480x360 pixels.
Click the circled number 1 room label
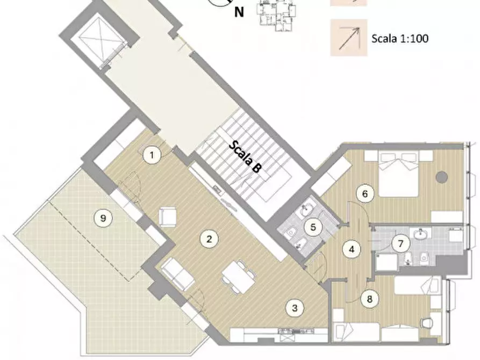(153, 156)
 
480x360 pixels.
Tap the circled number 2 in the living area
(209, 239)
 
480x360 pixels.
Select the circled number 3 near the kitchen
(294, 308)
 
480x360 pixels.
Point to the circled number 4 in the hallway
(352, 249)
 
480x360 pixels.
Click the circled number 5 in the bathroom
(313, 227)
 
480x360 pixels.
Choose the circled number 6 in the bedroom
(365, 194)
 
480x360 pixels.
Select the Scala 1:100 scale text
(400, 39)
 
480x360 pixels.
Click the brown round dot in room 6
(442, 176)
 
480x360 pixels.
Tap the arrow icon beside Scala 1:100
(349, 38)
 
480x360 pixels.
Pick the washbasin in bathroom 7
(419, 234)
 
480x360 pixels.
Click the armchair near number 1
(168, 217)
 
